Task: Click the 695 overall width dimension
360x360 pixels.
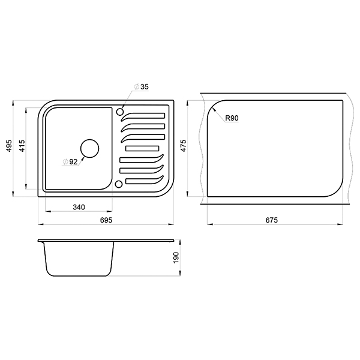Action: [106, 220]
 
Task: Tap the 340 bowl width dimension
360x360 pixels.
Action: [79, 208]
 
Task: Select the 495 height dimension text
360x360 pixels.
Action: [9, 145]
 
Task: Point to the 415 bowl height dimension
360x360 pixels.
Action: [22, 145]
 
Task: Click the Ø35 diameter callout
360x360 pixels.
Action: [142, 87]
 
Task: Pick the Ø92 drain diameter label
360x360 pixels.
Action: [70, 162]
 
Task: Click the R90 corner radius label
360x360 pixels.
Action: [232, 118]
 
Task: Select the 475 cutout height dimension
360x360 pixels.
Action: [184, 146]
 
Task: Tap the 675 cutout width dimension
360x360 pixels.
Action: [271, 220]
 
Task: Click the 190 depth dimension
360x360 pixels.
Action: [176, 257]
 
